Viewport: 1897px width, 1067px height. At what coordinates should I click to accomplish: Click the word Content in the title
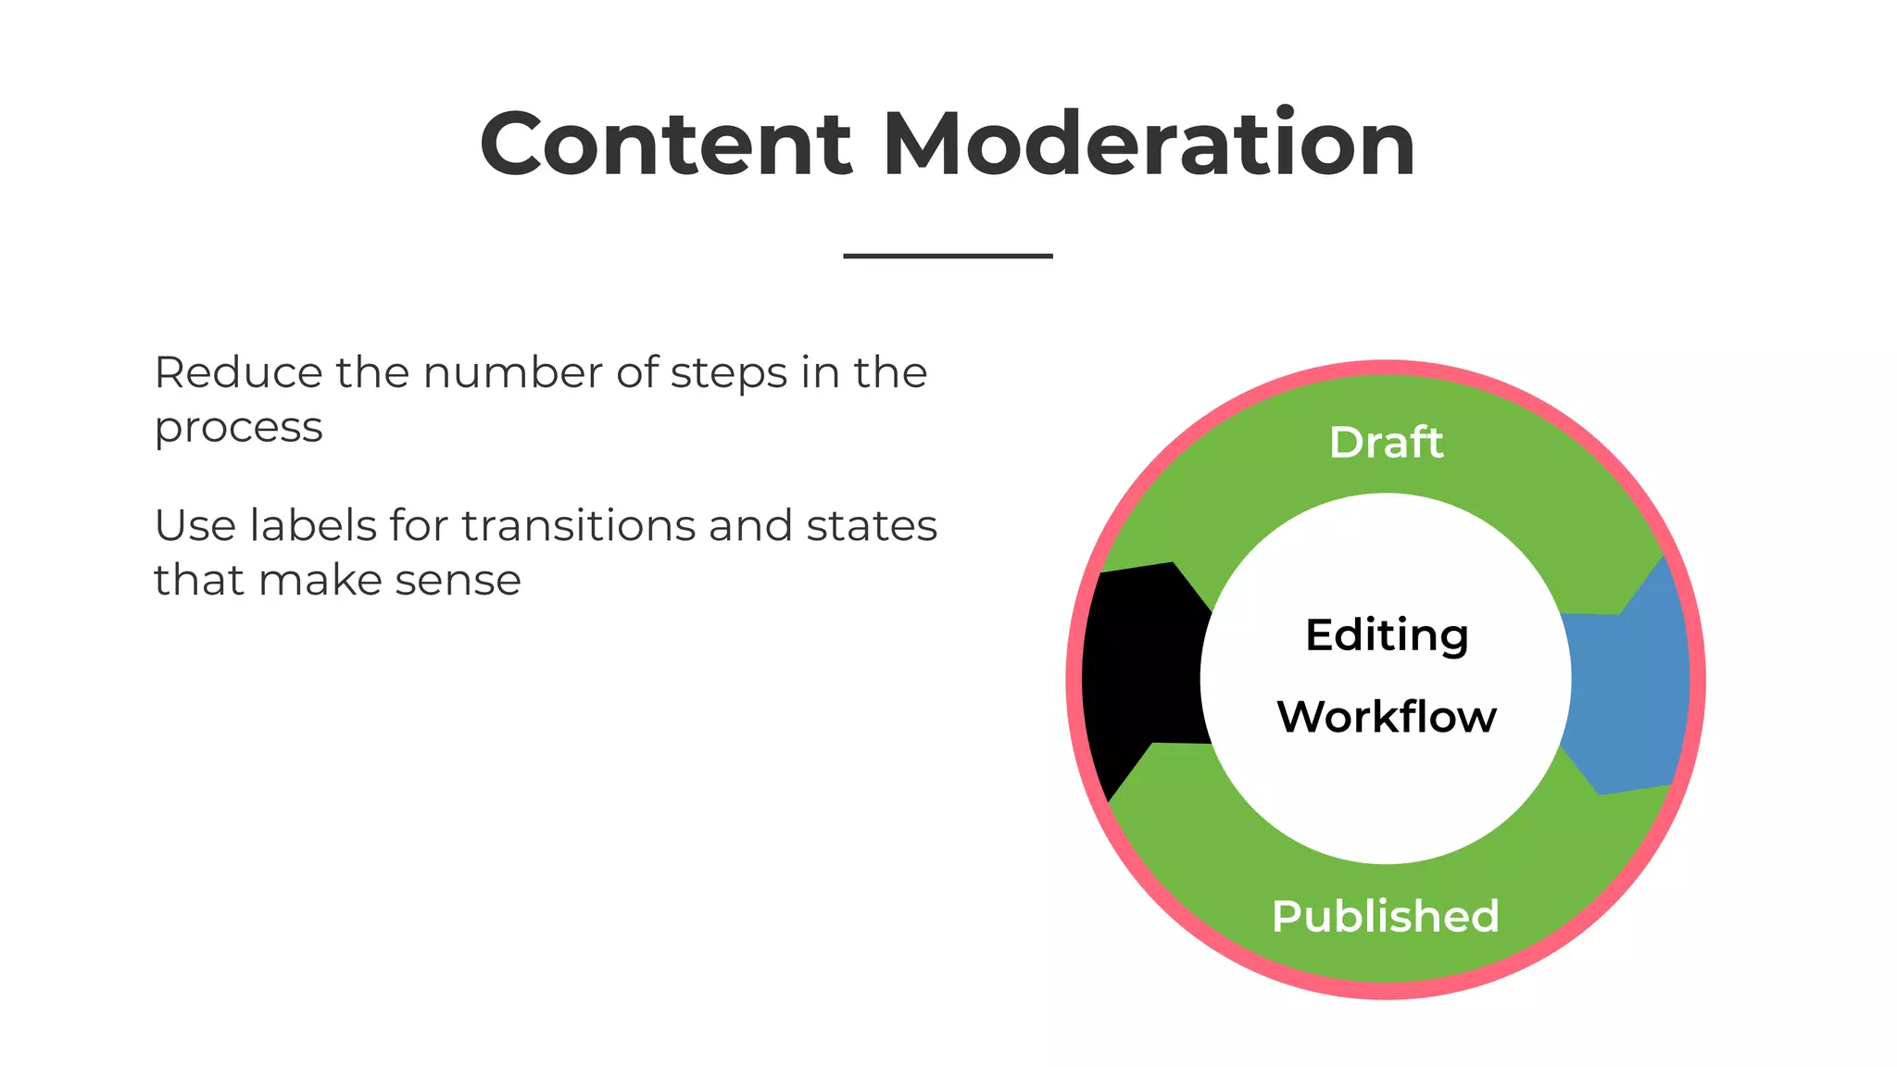[x=665, y=144]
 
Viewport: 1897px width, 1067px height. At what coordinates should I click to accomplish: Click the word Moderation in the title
[x=1149, y=144]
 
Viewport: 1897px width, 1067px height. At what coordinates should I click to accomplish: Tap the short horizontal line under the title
[x=948, y=256]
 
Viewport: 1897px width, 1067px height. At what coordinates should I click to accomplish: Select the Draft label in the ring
[x=1386, y=443]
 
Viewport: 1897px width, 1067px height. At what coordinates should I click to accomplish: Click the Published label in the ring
[x=1386, y=917]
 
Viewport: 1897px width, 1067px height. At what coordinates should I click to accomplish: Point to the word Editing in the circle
[x=1387, y=635]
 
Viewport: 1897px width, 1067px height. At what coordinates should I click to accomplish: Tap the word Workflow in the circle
[x=1387, y=717]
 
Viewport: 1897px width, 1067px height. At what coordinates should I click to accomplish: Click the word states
[x=872, y=526]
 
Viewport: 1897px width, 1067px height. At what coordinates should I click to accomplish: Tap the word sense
[x=458, y=581]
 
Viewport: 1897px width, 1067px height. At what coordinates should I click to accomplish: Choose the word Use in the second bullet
[x=195, y=526]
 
